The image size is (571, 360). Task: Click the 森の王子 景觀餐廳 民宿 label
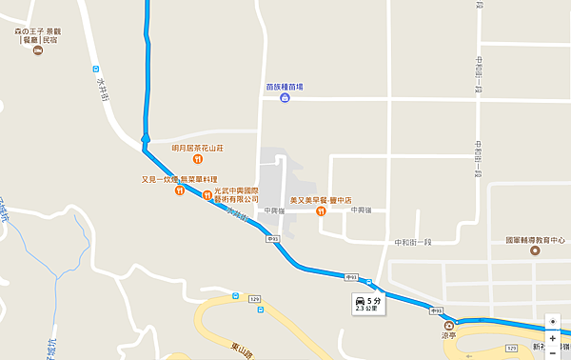tap(37, 36)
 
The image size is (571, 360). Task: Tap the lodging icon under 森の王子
tap(37, 51)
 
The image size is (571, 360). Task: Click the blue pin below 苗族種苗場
tap(285, 98)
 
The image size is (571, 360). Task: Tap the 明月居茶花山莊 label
tap(197, 148)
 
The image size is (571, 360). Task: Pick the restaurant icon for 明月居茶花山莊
tap(197, 160)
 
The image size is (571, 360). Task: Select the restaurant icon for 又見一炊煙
tap(180, 190)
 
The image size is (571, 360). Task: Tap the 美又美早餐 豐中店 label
tap(329, 200)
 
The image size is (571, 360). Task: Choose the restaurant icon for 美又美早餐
tap(321, 210)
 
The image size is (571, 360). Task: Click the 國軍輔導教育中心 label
tap(536, 240)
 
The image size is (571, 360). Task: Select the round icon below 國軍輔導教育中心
tap(535, 252)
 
